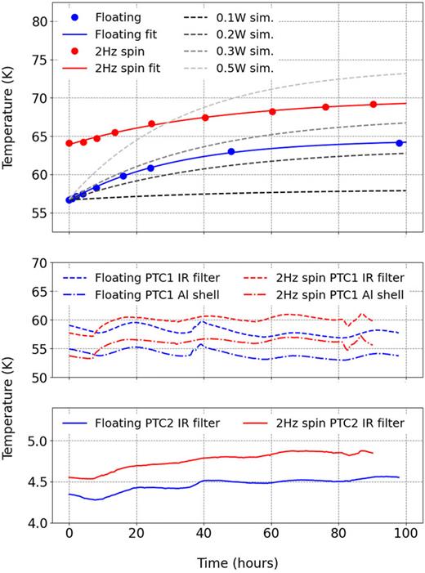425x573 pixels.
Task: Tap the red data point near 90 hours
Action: (x=373, y=105)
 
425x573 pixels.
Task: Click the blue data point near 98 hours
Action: (x=399, y=143)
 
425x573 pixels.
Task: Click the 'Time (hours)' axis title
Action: (x=237, y=562)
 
